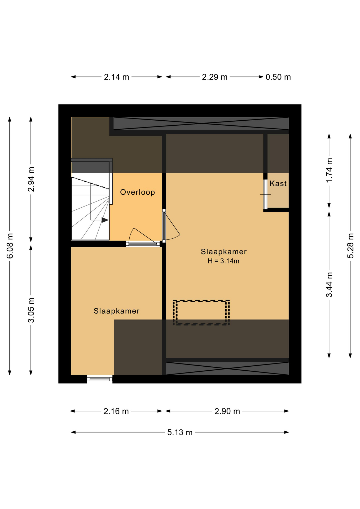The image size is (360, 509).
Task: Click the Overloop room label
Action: [x=137, y=192]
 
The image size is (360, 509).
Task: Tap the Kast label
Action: [x=278, y=183]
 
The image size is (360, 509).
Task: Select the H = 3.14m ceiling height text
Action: [x=223, y=261]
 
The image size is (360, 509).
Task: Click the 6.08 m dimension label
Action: [x=10, y=246]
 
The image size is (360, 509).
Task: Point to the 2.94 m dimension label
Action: [x=31, y=179]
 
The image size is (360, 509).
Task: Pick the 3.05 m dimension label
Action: [x=31, y=310]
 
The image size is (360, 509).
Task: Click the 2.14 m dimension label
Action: [x=116, y=77]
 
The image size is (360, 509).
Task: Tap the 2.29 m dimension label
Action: [x=215, y=77]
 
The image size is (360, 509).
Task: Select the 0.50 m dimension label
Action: [x=278, y=77]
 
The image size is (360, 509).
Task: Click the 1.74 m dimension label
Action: [x=329, y=170]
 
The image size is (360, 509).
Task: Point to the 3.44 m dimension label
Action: [x=329, y=285]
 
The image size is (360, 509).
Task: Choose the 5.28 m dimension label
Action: [x=350, y=245]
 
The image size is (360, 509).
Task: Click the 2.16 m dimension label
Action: [x=116, y=411]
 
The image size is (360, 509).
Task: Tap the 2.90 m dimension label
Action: [x=227, y=411]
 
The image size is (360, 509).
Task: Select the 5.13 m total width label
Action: [x=180, y=432]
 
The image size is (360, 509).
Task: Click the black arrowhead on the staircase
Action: [x=105, y=220]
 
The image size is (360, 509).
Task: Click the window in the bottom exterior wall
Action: [x=100, y=379]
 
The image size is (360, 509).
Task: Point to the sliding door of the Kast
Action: [x=265, y=194]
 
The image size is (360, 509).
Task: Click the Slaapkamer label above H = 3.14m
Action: [x=223, y=252]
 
